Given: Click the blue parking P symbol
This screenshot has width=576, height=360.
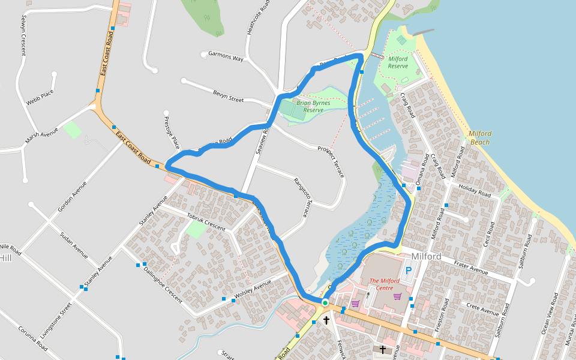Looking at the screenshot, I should click(410, 271).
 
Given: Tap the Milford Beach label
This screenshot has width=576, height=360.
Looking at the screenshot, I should click(480, 138).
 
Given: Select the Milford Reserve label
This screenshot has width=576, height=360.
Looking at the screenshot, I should click(398, 62).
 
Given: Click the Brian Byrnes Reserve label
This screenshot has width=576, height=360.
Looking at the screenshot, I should click(313, 106).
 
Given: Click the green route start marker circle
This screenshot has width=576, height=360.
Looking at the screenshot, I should click(325, 303).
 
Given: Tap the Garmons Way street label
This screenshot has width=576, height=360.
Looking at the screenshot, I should click(226, 57).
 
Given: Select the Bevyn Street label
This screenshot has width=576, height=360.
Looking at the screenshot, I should click(228, 95).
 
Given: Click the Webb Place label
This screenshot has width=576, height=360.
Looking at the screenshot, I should click(40, 97).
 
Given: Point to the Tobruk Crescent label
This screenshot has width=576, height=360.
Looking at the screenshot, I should click(206, 222).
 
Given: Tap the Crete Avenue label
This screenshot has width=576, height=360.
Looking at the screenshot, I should click(482, 310).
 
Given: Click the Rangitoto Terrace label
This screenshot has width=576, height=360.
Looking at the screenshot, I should click(304, 197).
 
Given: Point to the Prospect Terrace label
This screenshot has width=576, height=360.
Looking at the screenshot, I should click(331, 161).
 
